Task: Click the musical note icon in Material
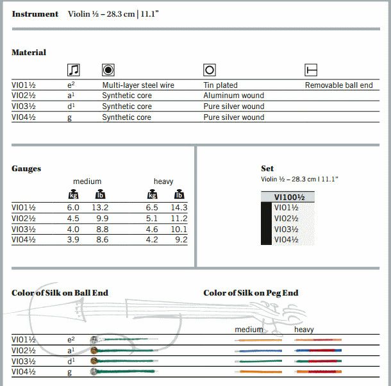[x=74, y=70]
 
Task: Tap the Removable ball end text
[x=338, y=85]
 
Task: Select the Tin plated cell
[x=220, y=85]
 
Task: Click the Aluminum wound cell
[x=233, y=96]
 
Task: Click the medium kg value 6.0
[x=74, y=208]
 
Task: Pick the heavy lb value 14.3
[x=179, y=208]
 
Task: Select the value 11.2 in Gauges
[x=179, y=219]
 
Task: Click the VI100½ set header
[x=288, y=197]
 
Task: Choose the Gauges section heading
[x=26, y=169]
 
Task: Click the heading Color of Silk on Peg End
[x=251, y=293]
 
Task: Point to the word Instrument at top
[x=35, y=13]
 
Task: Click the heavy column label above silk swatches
[x=304, y=330]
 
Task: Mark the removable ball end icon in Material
[x=311, y=70]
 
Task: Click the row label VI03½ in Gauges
[x=24, y=229]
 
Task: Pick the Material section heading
[x=29, y=53]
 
